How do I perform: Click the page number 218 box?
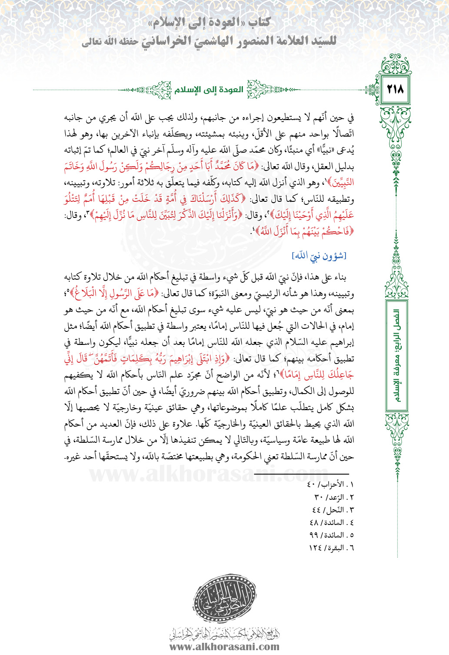[395, 90]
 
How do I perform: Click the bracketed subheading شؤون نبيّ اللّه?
[319, 256]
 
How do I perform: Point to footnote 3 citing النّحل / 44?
[333, 510]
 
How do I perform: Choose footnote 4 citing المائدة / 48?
[331, 522]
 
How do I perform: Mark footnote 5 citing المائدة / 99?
[331, 535]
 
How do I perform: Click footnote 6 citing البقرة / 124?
[331, 548]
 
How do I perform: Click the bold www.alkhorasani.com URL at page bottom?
[224, 646]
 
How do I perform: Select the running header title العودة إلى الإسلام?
[209, 90]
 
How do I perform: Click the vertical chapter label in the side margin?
[397, 357]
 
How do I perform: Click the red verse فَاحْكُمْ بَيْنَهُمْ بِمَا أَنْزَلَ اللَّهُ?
[304, 231]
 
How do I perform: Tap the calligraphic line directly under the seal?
[224, 633]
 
